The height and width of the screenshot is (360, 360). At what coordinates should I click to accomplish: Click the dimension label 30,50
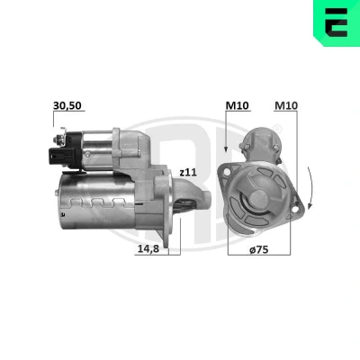pos(67,105)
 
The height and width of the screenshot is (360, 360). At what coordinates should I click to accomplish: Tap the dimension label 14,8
pos(148,249)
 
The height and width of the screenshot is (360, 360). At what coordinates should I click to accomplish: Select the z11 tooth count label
pos(188,172)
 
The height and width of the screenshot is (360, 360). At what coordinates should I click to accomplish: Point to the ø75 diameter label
pos(258,249)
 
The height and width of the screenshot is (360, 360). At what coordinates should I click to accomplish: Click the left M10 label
pos(238,105)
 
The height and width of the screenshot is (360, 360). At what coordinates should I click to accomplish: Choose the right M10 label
pos(286,105)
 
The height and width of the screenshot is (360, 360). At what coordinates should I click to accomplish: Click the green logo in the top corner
pos(337,23)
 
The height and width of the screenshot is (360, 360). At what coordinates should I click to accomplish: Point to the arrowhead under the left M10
pos(226,148)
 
